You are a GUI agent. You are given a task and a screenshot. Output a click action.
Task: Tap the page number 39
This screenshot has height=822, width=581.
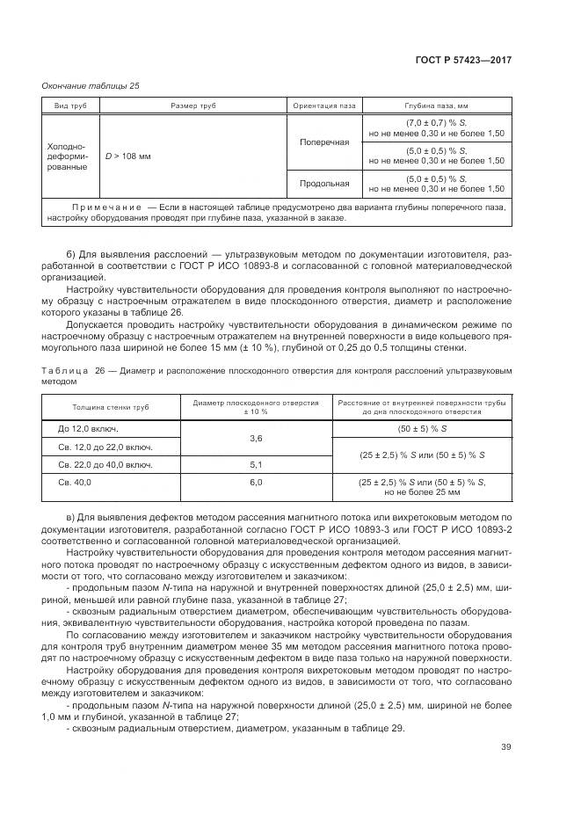[x=505, y=747]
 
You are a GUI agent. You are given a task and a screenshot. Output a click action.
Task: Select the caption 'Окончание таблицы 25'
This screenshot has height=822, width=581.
[x=91, y=85]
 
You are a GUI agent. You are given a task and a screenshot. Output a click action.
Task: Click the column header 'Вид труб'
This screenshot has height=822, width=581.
[x=70, y=106]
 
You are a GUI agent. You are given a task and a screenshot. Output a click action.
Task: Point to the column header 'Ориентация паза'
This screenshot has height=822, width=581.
[x=324, y=106]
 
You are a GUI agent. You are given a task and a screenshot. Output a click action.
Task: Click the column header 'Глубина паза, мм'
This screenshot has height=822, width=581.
[x=436, y=106]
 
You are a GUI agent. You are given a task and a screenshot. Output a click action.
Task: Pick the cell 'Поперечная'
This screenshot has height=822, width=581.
[x=324, y=142]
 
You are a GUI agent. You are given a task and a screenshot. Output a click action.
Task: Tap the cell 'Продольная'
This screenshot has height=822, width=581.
[x=324, y=184]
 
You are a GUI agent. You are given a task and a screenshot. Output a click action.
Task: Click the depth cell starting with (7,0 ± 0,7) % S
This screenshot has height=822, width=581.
[x=436, y=127]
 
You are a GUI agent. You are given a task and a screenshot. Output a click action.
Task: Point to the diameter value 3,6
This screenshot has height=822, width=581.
[x=257, y=437]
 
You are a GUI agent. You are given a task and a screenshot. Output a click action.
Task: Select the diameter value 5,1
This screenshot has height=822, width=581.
[x=257, y=464]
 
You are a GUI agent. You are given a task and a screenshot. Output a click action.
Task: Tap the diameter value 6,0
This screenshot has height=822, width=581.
[x=257, y=482]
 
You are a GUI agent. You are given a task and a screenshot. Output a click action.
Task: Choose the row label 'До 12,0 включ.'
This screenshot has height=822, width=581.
[x=88, y=428]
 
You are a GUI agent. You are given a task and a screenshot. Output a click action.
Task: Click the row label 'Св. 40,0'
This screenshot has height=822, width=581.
[x=75, y=482]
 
